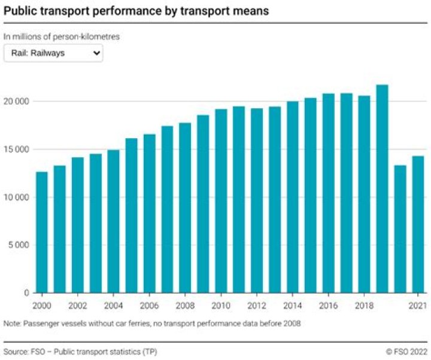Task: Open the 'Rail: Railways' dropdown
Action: tap(53, 53)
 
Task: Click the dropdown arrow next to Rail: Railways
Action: tap(97, 53)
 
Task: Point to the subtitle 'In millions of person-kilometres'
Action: tap(62, 36)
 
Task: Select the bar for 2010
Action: tap(221, 201)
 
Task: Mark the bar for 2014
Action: tap(293, 197)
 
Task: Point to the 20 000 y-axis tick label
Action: tap(16, 101)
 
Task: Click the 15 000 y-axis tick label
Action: tap(16, 149)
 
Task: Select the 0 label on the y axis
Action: tap(27, 292)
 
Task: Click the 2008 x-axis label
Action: tap(185, 305)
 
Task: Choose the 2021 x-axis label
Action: tap(418, 305)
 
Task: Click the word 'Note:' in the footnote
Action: tap(13, 324)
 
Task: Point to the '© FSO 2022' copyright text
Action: tap(407, 351)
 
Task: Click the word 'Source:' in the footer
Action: tap(16, 351)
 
